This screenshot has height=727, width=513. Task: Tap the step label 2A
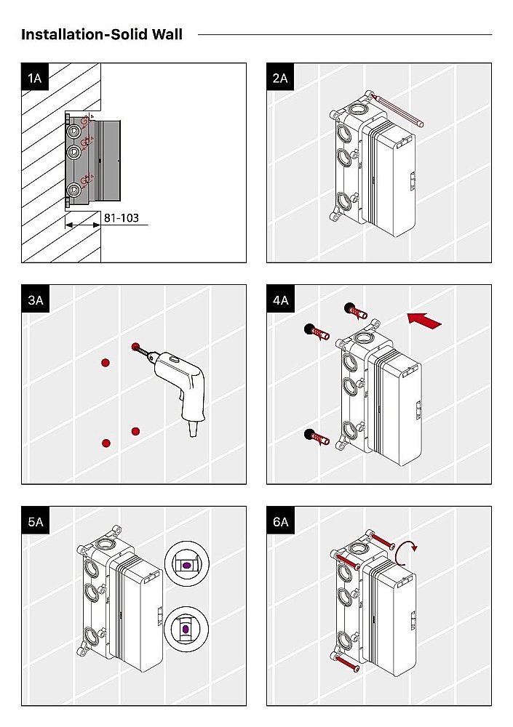[279, 76]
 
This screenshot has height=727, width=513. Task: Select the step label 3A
[34, 299]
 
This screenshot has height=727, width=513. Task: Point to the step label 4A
[280, 299]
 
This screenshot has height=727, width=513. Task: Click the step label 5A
[34, 521]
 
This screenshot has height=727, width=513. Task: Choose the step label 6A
[280, 521]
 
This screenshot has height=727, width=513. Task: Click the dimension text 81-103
[121, 217]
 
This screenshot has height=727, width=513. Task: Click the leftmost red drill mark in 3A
[106, 363]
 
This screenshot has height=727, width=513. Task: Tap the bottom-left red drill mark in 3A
[106, 442]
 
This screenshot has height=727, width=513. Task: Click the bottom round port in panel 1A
[74, 191]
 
